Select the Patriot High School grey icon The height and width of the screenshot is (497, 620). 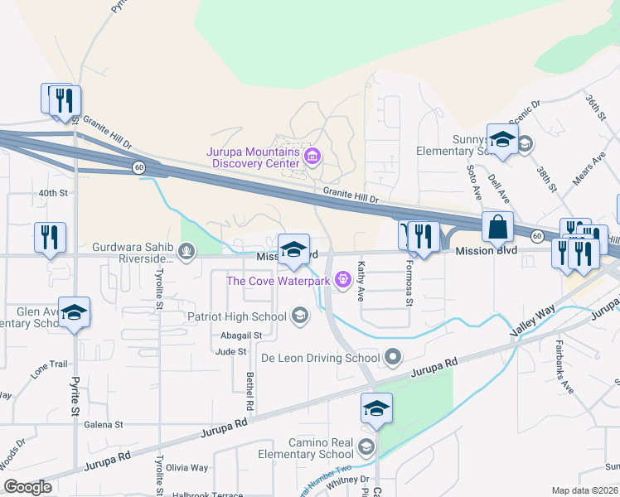click(300, 316)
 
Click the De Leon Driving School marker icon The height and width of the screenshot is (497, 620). click(393, 359)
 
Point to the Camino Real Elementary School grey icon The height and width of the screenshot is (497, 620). click(365, 448)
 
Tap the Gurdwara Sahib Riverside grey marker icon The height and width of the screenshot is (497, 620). click(188, 250)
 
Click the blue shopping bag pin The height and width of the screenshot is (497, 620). click(497, 226)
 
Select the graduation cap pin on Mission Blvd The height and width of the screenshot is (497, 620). click(293, 249)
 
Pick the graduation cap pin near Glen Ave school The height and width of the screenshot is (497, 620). click(74, 312)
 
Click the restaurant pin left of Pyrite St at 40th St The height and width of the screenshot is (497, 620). click(50, 237)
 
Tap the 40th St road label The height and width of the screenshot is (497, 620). click(52, 193)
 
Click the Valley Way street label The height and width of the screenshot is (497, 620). click(533, 320)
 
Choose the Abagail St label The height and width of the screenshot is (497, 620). click(241, 335)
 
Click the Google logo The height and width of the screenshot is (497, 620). click(27, 487)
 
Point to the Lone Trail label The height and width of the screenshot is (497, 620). click(49, 364)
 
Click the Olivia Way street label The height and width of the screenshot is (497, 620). click(187, 468)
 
